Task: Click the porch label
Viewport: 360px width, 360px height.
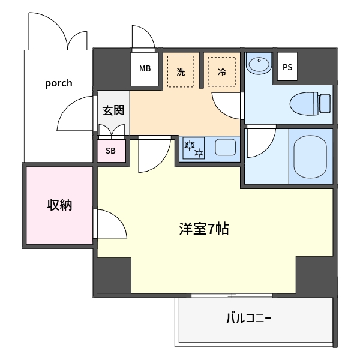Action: click(59, 83)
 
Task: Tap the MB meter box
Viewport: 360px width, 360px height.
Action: click(145, 69)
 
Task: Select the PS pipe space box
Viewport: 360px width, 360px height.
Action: click(287, 67)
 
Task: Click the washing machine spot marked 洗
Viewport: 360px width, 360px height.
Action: click(181, 71)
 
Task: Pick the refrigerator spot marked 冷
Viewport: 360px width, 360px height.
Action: click(222, 71)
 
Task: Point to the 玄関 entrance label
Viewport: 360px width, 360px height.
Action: click(113, 110)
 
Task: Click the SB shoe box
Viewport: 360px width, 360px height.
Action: click(111, 151)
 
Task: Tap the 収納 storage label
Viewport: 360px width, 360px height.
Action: click(59, 205)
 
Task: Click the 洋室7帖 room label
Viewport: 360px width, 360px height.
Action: click(204, 229)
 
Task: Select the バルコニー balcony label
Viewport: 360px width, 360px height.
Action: click(249, 318)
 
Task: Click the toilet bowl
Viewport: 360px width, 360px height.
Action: click(304, 104)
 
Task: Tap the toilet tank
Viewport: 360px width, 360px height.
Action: click(325, 103)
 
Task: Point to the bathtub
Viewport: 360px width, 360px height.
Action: click(310, 157)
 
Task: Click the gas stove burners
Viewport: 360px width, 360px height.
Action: click(194, 148)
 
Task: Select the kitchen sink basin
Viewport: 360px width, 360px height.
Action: click(226, 147)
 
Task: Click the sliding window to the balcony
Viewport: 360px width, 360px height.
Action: click(232, 295)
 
